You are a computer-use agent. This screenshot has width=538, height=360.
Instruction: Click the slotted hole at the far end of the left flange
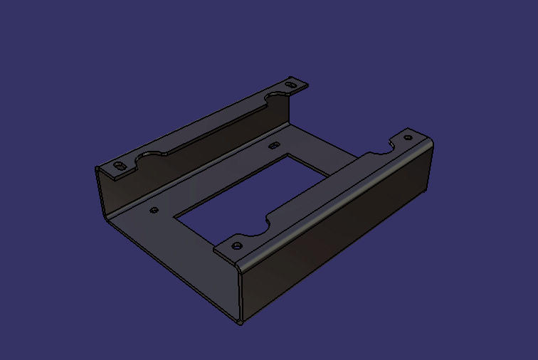[x=290, y=85]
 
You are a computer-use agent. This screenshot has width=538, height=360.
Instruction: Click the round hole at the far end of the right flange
[x=407, y=138]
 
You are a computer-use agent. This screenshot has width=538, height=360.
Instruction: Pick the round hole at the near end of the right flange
[x=237, y=245]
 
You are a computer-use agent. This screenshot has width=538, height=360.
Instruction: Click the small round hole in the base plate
[x=154, y=210]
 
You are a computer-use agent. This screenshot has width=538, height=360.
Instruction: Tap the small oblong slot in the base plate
[x=273, y=146]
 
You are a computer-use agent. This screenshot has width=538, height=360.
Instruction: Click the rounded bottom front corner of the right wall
[x=241, y=322]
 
